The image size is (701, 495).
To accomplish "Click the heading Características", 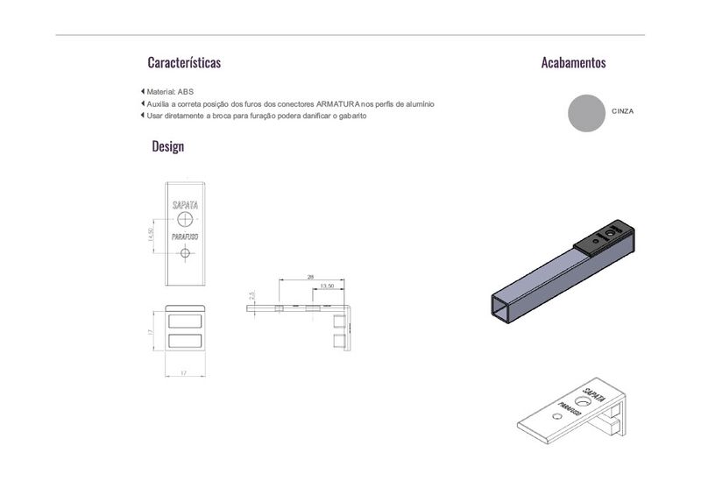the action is [184, 62].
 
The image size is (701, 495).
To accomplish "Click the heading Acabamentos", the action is [574, 62].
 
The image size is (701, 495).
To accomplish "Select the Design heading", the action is [168, 146].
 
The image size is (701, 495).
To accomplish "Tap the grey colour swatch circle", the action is [586, 113].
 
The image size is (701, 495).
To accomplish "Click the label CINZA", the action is [623, 111].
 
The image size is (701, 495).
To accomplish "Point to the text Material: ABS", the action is [170, 92].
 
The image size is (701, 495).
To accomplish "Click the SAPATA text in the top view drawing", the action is [185, 205].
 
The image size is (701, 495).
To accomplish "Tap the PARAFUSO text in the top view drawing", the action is [185, 237].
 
